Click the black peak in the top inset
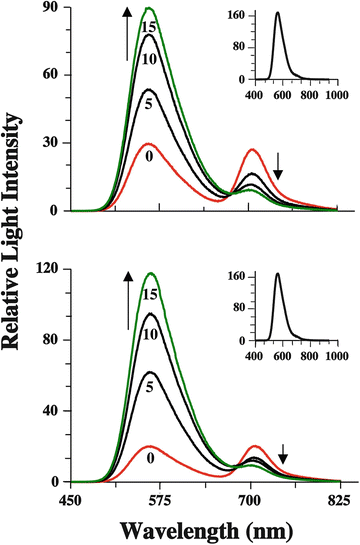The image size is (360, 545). tap(278, 15)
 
